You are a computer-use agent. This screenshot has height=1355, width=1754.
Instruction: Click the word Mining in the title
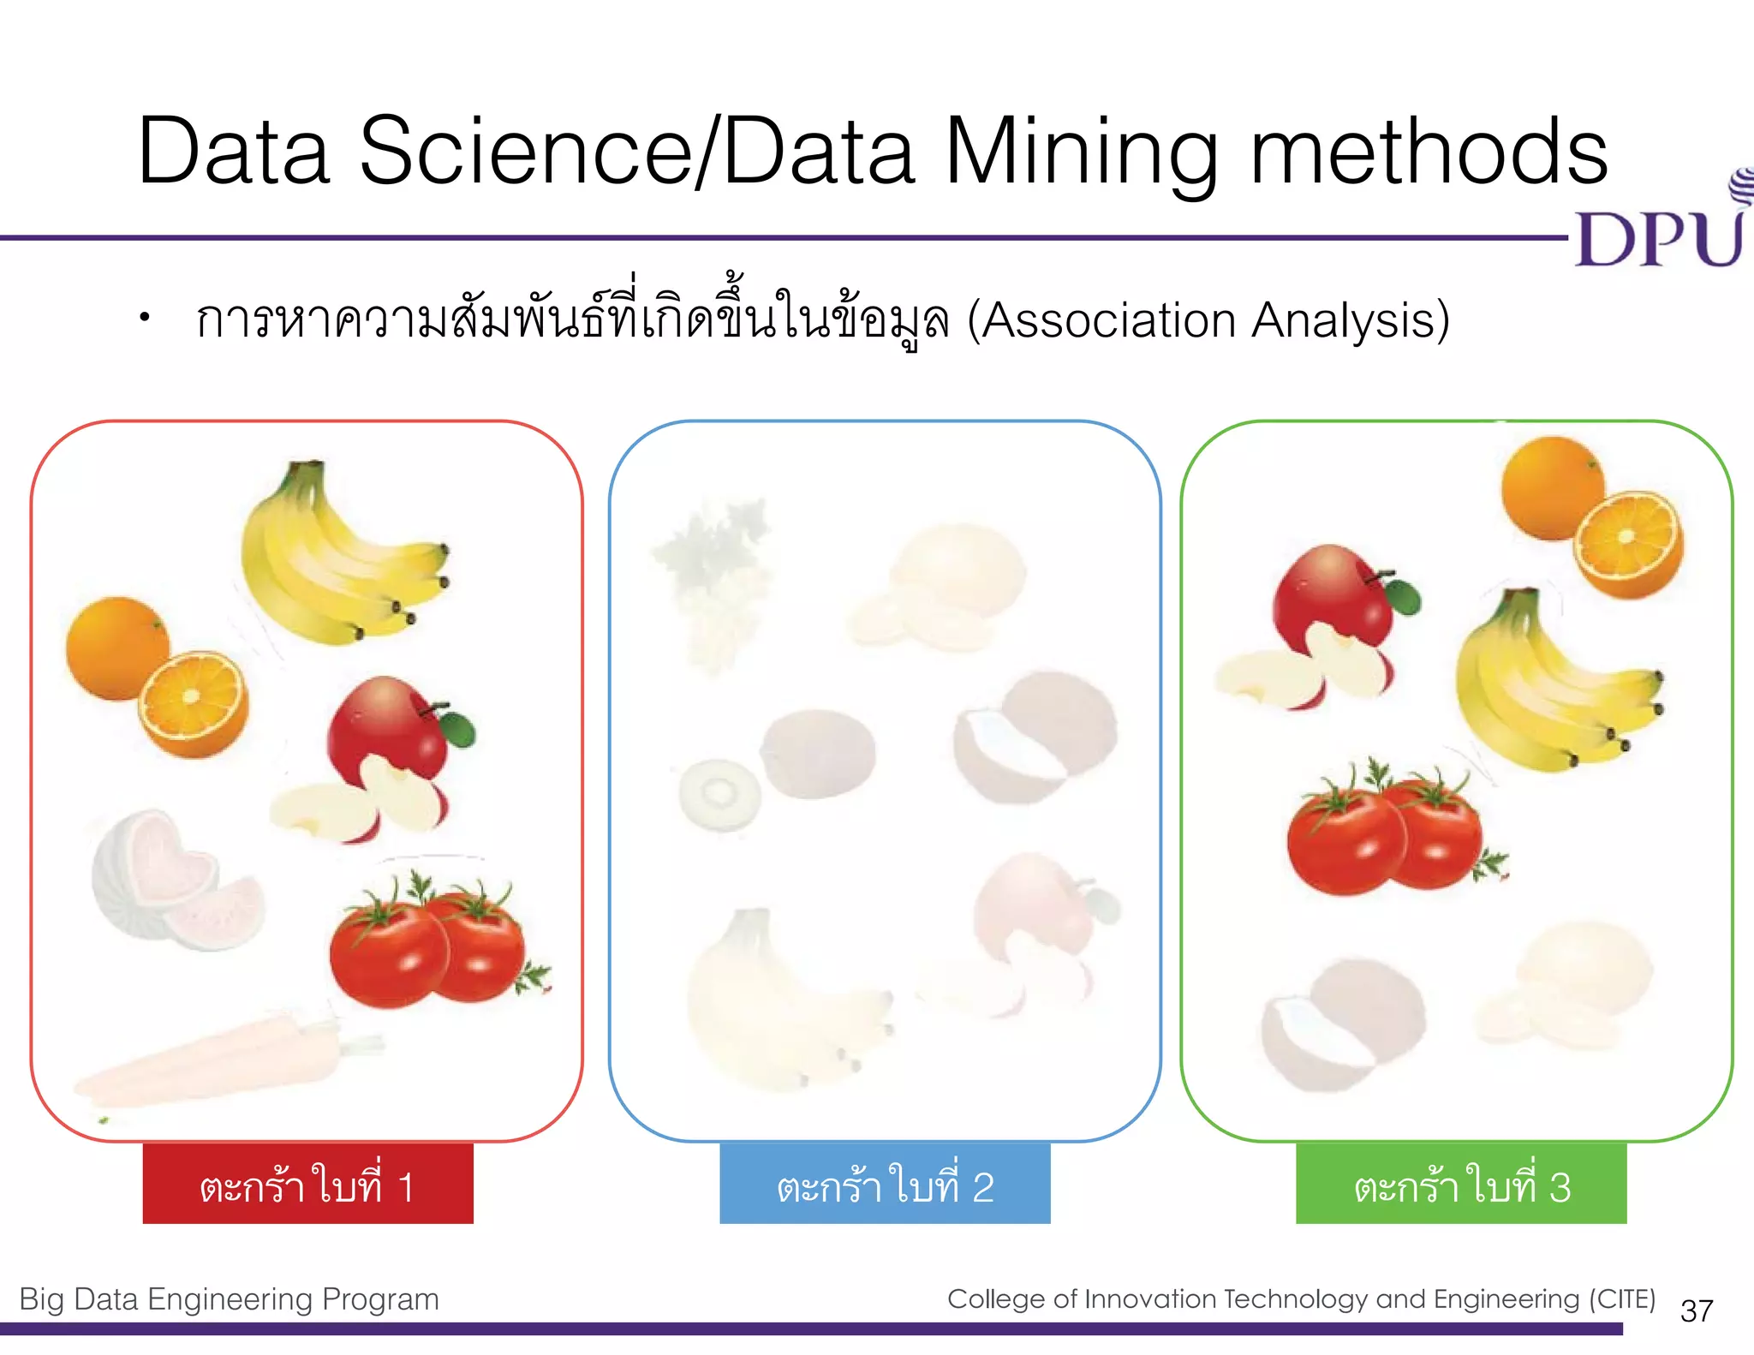[1081, 152]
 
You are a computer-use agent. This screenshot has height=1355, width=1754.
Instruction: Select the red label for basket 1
[307, 1185]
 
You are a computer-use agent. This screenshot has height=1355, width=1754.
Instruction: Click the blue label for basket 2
[885, 1185]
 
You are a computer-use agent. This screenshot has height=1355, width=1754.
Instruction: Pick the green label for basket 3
[1461, 1185]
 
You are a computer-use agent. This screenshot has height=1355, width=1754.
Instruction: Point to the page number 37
[1697, 1311]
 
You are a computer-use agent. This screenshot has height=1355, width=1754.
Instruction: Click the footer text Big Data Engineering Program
[229, 1299]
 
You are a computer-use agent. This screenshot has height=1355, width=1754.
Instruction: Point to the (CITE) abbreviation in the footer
[1622, 1299]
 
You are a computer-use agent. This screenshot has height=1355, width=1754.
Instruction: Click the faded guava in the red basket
[171, 878]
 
